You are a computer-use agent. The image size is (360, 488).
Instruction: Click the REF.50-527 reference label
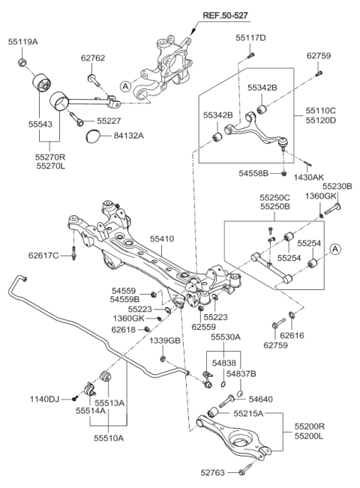pyautogui.click(x=226, y=15)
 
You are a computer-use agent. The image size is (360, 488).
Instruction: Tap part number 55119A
pyautogui.click(x=22, y=42)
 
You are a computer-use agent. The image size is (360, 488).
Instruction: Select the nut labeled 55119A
pyautogui.click(x=22, y=62)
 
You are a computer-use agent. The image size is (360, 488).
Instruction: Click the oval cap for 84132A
pyautogui.click(x=92, y=136)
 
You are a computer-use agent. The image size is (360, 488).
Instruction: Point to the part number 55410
pyautogui.click(x=162, y=239)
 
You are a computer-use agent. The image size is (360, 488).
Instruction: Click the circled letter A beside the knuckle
pyautogui.click(x=125, y=85)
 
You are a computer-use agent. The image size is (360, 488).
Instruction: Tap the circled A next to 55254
pyautogui.click(x=335, y=249)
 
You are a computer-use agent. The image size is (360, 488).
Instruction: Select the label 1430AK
pyautogui.click(x=308, y=178)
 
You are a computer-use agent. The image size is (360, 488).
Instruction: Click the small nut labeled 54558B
pyautogui.click(x=283, y=173)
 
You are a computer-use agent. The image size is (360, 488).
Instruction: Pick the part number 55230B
pyautogui.click(x=337, y=187)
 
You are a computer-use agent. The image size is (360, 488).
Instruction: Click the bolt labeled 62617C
pyautogui.click(x=73, y=253)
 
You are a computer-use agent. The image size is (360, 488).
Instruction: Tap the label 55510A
pyautogui.click(x=109, y=438)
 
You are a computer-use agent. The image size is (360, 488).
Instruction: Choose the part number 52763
pyautogui.click(x=212, y=473)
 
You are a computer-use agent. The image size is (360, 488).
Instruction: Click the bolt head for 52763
pyautogui.click(x=241, y=472)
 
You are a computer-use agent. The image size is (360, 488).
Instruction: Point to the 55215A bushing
pyautogui.click(x=213, y=412)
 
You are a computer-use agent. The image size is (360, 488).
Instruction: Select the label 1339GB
pyautogui.click(x=164, y=341)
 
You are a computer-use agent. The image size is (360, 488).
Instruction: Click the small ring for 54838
pyautogui.click(x=223, y=385)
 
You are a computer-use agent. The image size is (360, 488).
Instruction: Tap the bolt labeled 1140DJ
pyautogui.click(x=74, y=398)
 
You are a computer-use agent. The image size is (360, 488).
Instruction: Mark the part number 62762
pyautogui.click(x=93, y=58)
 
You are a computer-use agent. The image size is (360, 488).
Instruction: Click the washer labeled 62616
pyautogui.click(x=291, y=315)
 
